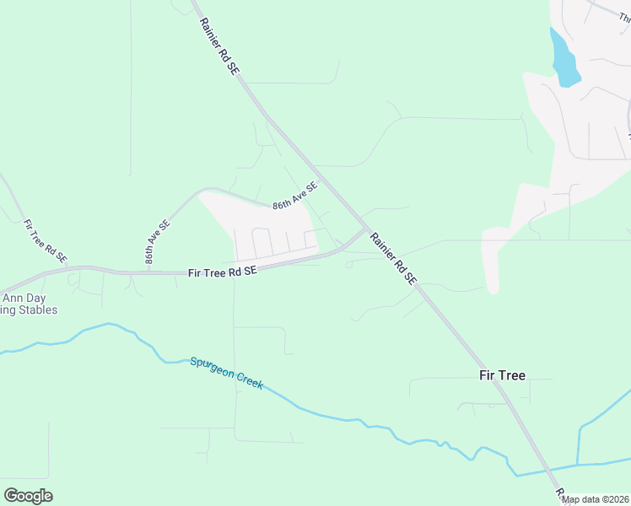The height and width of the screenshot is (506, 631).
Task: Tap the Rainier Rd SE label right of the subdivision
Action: click(x=393, y=258)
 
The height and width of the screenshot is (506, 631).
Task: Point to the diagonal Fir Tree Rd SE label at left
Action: click(x=45, y=242)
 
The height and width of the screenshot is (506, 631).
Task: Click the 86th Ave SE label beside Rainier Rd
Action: click(x=294, y=196)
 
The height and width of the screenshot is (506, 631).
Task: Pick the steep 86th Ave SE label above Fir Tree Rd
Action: click(x=157, y=243)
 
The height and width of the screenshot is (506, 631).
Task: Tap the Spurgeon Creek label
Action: click(x=226, y=373)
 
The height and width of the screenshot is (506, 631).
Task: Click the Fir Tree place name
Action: click(x=502, y=375)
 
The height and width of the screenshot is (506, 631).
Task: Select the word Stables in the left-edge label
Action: click(x=34, y=310)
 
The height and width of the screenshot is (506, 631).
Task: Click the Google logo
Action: click(x=28, y=495)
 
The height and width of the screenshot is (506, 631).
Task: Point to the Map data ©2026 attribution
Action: click(x=596, y=499)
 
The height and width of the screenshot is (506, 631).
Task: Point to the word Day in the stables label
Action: click(x=37, y=298)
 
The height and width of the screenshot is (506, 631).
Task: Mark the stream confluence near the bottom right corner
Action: click(x=578, y=464)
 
